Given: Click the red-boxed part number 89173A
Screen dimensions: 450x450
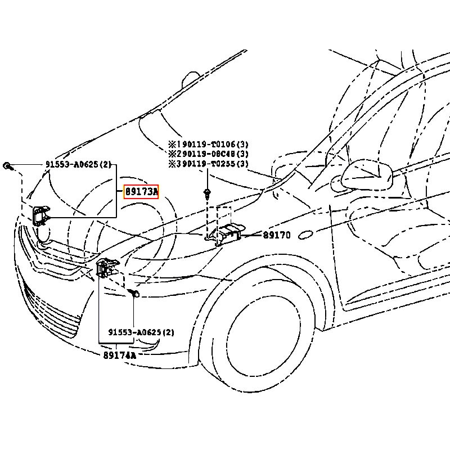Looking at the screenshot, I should coord(141,192).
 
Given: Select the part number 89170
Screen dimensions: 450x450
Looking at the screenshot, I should coord(277,235).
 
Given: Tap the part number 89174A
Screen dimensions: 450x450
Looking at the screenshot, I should coord(119,355).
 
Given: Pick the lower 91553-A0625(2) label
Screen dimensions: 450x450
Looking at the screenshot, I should coord(141,332).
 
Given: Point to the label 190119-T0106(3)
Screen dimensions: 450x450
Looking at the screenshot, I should coord(208,145).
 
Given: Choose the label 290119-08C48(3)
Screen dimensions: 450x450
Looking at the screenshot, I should coord(208,154).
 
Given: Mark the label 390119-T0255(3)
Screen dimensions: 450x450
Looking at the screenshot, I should coord(208,164).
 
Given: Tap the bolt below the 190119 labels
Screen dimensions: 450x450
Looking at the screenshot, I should coord(208,195).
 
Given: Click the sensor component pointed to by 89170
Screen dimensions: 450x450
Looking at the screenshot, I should coord(229,234).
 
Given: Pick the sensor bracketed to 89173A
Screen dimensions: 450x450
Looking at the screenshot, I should coord(40,215).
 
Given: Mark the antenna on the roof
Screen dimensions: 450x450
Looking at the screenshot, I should coord(192,79).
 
